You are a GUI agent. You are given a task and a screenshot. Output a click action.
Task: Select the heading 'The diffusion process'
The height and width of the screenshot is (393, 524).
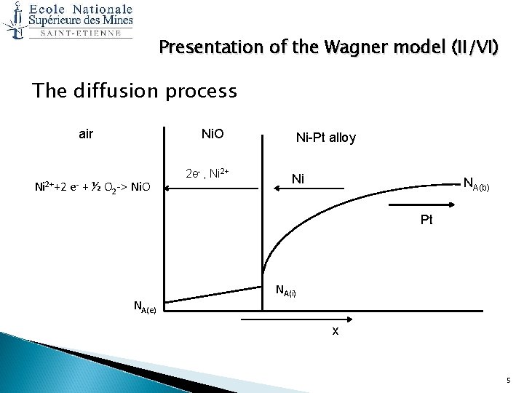[x=135, y=91]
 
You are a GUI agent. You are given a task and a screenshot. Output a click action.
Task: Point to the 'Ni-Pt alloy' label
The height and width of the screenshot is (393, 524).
[x=325, y=138]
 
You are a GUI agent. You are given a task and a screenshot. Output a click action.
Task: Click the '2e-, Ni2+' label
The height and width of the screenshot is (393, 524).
[x=208, y=173]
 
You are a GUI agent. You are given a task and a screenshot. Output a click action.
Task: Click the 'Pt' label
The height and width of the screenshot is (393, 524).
[x=426, y=219]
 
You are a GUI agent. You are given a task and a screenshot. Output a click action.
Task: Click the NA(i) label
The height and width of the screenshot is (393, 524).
[x=285, y=292]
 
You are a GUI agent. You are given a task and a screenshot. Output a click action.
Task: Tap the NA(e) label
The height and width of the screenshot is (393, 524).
[x=148, y=306]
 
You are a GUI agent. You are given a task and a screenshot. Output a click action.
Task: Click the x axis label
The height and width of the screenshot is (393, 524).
[x=335, y=332]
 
